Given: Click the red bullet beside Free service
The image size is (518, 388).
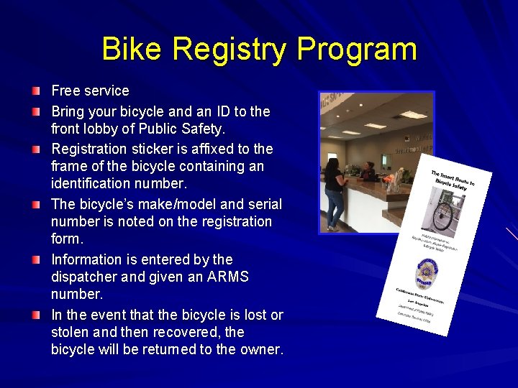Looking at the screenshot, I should click(36, 91).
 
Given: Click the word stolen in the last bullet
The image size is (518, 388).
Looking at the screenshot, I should click(71, 333).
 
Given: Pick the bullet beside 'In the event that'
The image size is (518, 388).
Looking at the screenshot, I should click(36, 315).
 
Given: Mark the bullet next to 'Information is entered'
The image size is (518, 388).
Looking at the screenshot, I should click(36, 259).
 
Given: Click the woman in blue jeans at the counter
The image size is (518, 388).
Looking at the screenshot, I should click(335, 190).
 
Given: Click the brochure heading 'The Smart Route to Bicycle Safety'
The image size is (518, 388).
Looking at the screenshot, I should click(458, 180).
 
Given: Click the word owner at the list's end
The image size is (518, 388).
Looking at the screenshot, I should click(260, 350).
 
